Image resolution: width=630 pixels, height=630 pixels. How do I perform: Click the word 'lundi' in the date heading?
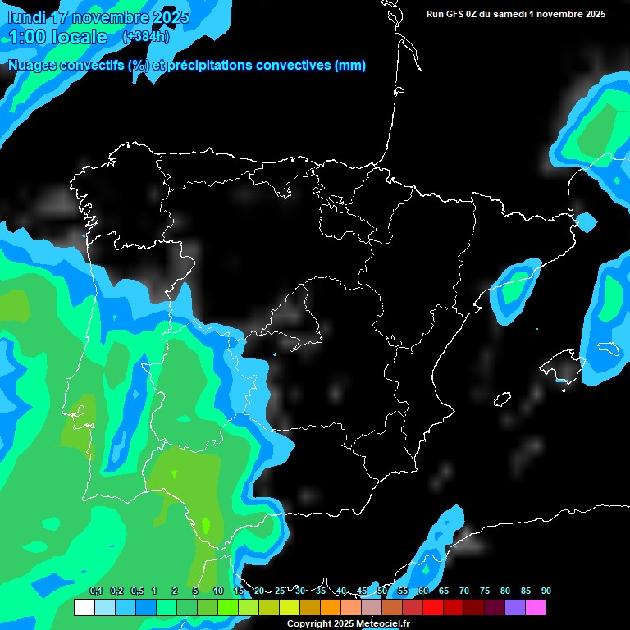tap(27, 17)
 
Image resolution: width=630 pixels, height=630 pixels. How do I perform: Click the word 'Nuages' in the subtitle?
tap(34, 66)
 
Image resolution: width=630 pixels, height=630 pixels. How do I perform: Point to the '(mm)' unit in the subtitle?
tap(350, 66)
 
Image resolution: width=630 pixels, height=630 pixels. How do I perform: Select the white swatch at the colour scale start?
tap(84, 608)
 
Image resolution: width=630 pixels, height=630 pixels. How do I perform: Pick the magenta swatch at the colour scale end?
tap(535, 608)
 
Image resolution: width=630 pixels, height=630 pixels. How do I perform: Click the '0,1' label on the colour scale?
tap(96, 591)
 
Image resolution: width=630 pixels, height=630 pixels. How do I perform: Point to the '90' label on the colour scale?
tap(546, 591)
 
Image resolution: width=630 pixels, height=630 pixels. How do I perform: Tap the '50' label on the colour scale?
tap(381, 591)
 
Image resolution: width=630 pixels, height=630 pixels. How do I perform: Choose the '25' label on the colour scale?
tap(279, 591)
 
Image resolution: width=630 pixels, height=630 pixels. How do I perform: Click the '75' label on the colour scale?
tap(484, 591)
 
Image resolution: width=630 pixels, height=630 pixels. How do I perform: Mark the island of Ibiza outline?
tap(502, 399)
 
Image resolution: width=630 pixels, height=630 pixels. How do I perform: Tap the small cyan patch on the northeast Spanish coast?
tap(586, 221)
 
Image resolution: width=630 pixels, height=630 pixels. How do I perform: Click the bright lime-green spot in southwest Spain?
tap(205, 523)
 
